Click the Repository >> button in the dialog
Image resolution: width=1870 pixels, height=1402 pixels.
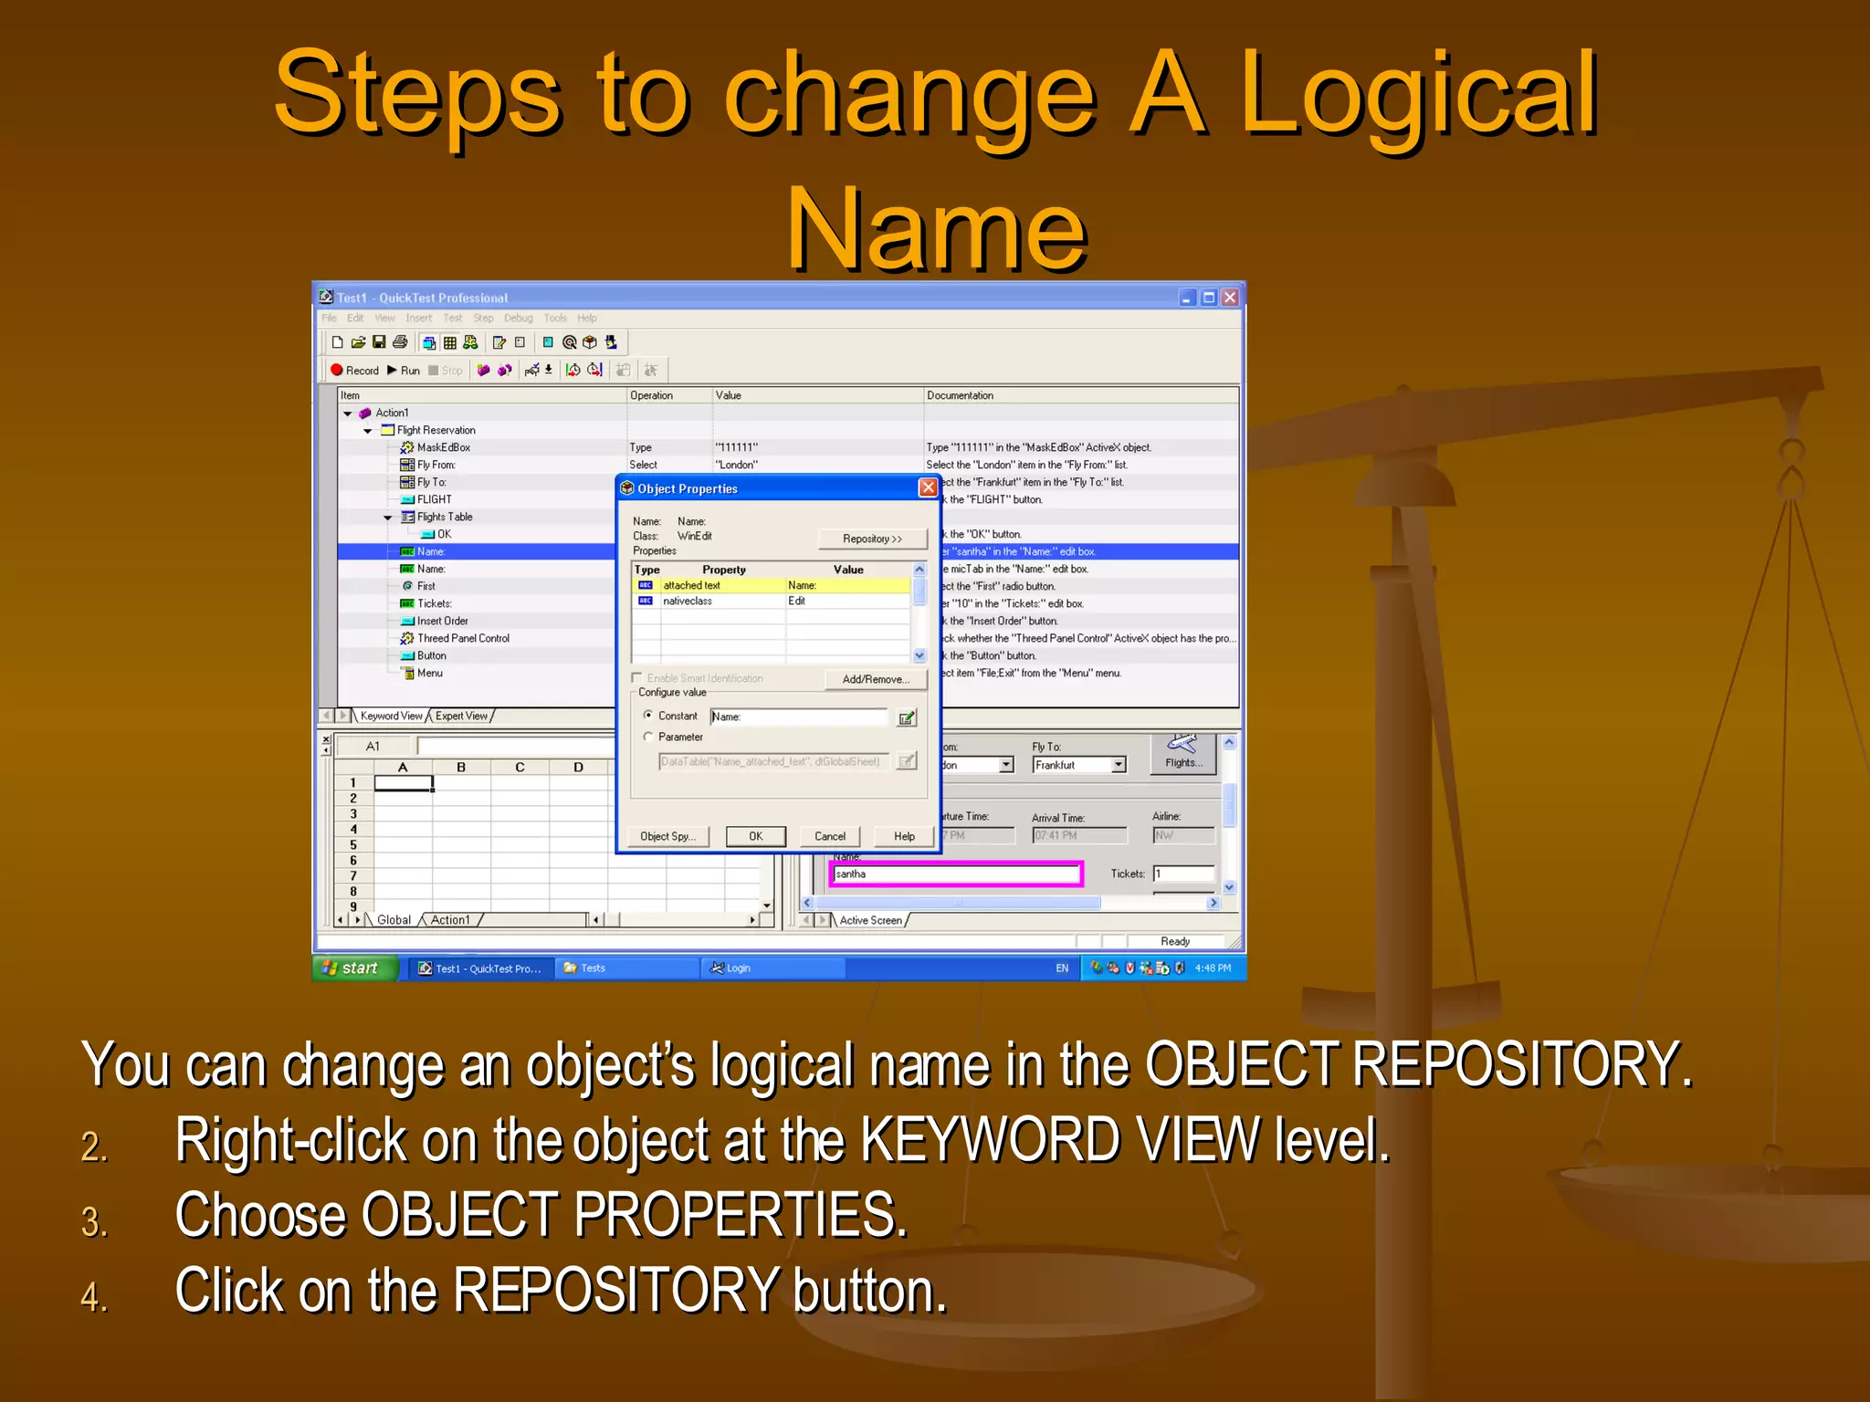(x=872, y=539)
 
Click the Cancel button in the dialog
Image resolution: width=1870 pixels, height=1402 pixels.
(x=829, y=836)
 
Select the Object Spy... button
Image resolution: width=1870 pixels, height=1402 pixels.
(x=667, y=836)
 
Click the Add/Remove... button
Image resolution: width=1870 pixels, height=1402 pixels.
(x=875, y=679)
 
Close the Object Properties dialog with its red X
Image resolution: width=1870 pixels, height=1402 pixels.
(x=928, y=487)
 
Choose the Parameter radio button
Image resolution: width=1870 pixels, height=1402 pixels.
(x=648, y=737)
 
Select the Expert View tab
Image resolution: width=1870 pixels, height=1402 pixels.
(x=462, y=716)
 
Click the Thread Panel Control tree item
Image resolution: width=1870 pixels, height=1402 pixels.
(x=462, y=638)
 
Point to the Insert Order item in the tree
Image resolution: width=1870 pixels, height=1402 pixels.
(x=442, y=621)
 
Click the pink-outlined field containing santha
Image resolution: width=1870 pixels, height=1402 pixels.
(x=955, y=874)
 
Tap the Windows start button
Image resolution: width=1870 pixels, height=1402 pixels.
(x=354, y=968)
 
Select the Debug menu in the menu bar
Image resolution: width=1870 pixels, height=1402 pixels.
(x=518, y=319)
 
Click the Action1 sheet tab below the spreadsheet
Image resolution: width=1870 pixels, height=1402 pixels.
(x=450, y=920)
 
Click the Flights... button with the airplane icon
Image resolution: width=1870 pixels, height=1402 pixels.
(x=1183, y=753)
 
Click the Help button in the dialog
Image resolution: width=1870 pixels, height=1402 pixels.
(x=904, y=836)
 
